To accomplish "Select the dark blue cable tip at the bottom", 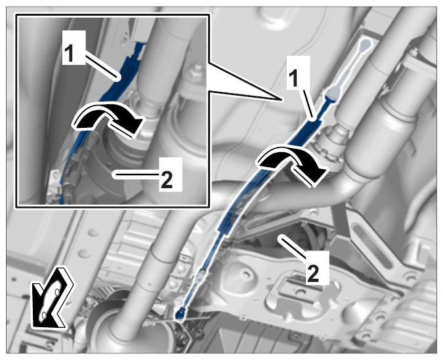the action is [180, 314].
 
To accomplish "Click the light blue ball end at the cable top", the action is [366, 43].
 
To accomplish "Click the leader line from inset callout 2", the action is [136, 175].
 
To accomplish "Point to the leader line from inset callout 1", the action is [102, 66].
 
